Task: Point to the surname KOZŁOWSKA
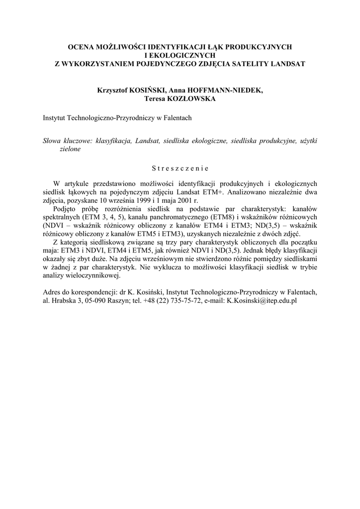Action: click(194, 98)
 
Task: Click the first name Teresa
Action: click(155, 98)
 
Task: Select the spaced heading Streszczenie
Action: click(180, 168)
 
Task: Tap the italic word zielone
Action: click(70, 150)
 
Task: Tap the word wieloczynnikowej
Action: click(94, 276)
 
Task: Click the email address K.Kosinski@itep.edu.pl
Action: click(262, 301)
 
